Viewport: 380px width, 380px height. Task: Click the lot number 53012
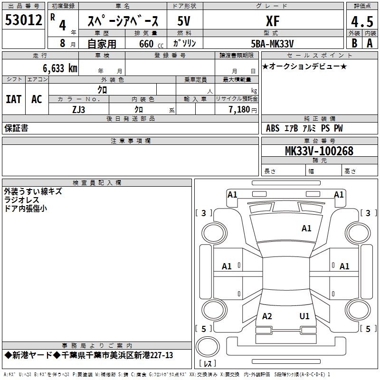click(x=23, y=20)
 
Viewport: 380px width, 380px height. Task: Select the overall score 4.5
click(x=362, y=22)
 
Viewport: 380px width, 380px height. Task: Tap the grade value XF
click(x=273, y=21)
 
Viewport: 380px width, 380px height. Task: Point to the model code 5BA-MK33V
click(x=272, y=44)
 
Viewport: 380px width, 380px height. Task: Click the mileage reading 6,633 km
click(x=60, y=68)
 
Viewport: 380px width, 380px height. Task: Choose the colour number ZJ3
click(x=78, y=110)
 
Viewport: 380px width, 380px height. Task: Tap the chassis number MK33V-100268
click(x=319, y=151)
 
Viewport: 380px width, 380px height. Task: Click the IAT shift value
click(x=14, y=99)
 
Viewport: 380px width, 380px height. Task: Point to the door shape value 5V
click(x=184, y=21)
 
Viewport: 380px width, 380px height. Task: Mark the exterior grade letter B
click(x=354, y=43)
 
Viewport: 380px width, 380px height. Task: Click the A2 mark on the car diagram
click(x=267, y=316)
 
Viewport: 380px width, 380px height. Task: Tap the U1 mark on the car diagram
click(x=304, y=316)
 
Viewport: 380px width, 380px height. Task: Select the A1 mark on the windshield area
click(x=306, y=228)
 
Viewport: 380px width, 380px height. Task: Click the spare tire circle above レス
click(x=208, y=347)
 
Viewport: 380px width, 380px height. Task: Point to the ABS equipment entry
click(x=273, y=128)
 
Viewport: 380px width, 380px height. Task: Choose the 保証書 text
click(x=16, y=128)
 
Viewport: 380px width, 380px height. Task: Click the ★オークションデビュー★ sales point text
click(x=304, y=66)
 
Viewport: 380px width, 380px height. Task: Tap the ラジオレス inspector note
click(x=21, y=200)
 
